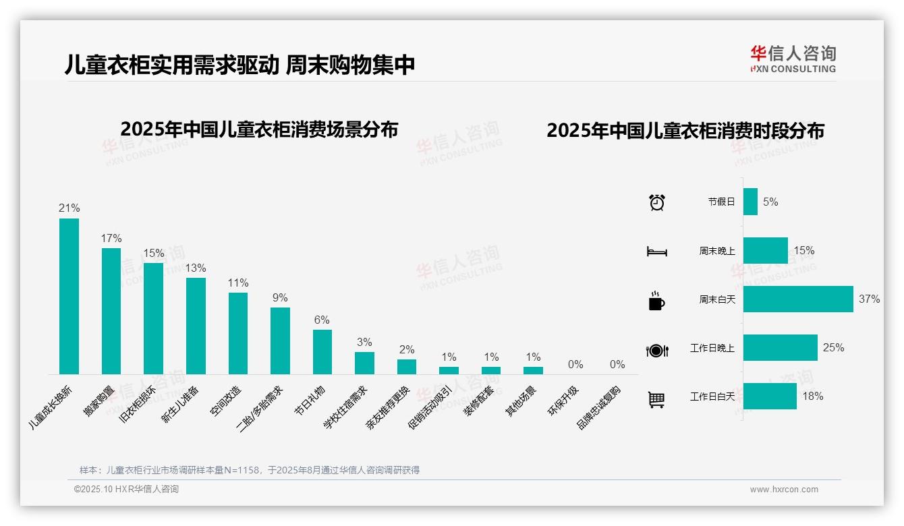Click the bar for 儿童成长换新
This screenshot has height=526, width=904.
point(69,296)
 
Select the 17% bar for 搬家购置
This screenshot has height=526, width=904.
point(111,311)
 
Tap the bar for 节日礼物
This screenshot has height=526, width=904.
point(322,351)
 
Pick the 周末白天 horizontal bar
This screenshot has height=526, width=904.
point(798,299)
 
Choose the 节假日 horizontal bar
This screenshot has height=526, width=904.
point(750,202)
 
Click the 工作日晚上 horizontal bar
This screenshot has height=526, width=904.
point(780,347)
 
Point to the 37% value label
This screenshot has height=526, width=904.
point(869,299)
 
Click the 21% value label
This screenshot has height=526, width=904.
point(69,208)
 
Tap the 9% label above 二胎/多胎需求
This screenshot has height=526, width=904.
point(280,297)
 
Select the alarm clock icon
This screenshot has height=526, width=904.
point(656,202)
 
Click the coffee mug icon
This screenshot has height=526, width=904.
point(656,300)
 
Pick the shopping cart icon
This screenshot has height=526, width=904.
point(656,399)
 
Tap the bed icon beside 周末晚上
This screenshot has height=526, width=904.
point(656,251)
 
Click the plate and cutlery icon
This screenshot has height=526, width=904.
point(656,350)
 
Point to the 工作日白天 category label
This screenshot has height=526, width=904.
point(712,397)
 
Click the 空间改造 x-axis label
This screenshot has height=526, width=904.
point(225,401)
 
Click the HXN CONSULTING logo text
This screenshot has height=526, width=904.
point(793,69)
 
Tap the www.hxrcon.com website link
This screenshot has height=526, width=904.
point(784,490)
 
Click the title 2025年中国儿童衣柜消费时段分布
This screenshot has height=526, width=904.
point(685,131)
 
